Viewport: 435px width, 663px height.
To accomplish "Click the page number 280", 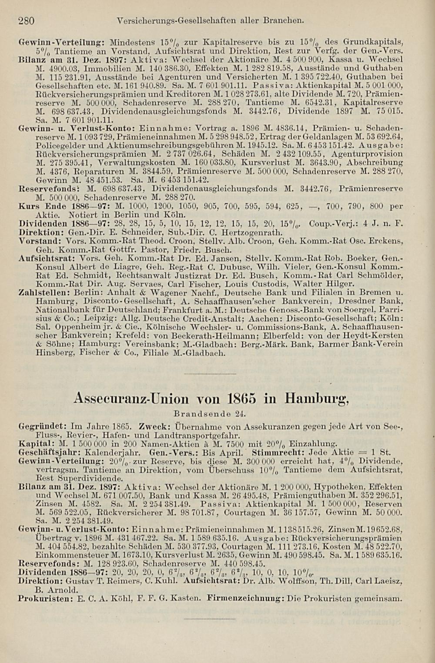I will (26, 20).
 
